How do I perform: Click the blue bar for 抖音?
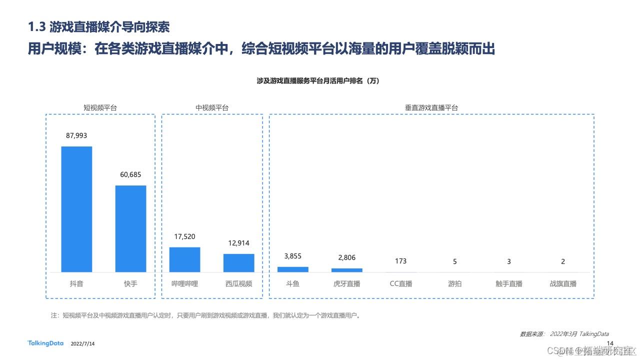tap(76, 209)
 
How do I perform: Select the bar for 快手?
tap(130, 228)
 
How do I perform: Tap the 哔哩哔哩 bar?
tap(184, 259)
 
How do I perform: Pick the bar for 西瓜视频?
tap(238, 263)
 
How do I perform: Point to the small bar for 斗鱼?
tap(292, 269)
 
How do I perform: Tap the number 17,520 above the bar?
tap(184, 236)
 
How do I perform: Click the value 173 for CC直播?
tap(400, 261)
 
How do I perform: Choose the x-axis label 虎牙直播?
tap(346, 284)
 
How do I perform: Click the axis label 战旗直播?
tap(562, 284)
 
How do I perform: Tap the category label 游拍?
tap(454, 284)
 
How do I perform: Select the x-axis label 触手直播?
tap(508, 284)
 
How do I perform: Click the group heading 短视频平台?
tap(100, 107)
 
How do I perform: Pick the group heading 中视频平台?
tap(212, 107)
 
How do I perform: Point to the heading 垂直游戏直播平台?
tap(431, 107)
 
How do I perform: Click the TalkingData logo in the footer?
tap(45, 343)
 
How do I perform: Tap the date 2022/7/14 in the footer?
tap(83, 344)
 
